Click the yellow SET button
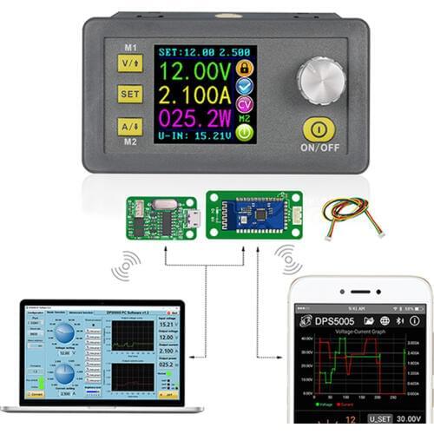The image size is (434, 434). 130,95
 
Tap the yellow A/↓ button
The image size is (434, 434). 130,127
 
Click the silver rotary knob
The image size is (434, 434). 321,81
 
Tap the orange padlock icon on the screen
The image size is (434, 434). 246,67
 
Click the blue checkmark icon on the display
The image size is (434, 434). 246,89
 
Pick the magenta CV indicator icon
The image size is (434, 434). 246,109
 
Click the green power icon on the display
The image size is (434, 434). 246,133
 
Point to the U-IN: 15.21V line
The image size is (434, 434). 196,135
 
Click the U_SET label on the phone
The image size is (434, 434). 379,418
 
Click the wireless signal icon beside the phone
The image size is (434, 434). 290,260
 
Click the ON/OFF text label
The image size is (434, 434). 320,148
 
